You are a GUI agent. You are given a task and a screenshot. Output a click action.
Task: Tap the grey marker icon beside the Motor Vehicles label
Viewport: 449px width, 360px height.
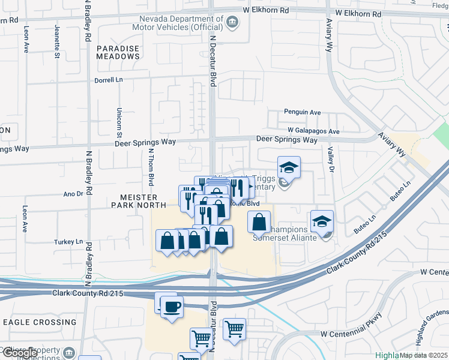(x=232, y=23)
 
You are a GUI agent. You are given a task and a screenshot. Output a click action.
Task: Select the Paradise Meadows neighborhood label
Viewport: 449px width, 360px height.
(x=118, y=52)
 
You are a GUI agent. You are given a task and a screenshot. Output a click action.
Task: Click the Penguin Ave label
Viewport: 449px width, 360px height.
(x=303, y=112)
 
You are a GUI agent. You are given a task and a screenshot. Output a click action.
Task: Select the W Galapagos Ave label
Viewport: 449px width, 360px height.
(x=313, y=131)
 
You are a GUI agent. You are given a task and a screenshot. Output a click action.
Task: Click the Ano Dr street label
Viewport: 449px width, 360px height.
(x=73, y=194)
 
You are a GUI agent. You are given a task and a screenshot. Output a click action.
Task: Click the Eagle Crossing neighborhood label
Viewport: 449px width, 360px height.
(x=40, y=322)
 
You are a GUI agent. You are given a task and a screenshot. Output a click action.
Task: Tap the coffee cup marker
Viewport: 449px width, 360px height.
(x=172, y=307)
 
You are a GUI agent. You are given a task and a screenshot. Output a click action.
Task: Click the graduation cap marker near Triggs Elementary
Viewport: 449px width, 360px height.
(x=289, y=167)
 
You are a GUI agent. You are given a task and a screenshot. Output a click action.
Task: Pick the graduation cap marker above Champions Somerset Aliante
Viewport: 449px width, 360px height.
(x=322, y=221)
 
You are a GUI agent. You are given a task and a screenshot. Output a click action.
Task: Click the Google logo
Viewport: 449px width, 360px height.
(x=19, y=353)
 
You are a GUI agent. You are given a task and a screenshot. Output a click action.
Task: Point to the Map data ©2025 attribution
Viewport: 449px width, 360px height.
(x=423, y=355)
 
